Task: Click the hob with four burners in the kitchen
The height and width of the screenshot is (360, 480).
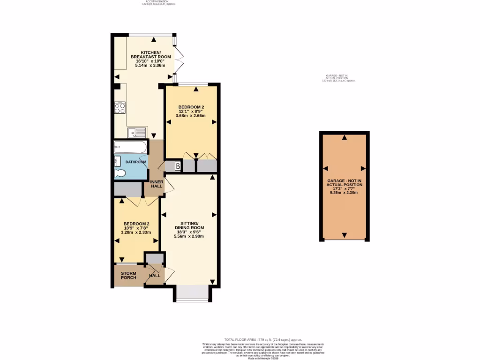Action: [x=120, y=108]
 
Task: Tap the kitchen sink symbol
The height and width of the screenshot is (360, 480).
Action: [x=137, y=132]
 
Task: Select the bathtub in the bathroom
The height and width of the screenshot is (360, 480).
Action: [x=130, y=148]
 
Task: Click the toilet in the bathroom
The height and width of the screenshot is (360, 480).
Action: [x=120, y=173]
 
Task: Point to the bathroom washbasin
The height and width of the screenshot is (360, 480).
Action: [x=117, y=161]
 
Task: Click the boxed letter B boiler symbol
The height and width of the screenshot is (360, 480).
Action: [x=178, y=166]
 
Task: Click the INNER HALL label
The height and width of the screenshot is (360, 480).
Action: [x=156, y=184]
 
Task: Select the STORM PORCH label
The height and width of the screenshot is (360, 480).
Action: [x=128, y=275]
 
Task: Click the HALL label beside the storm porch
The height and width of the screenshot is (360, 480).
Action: [x=155, y=275]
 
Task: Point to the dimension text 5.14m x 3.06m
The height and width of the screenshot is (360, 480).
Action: [x=150, y=66]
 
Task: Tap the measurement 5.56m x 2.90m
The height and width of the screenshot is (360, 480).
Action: [x=190, y=236]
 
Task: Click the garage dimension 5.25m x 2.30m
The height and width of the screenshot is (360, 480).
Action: [x=345, y=193]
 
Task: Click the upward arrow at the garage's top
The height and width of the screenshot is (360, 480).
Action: [x=345, y=137]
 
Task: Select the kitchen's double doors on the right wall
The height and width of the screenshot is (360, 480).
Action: [x=178, y=60]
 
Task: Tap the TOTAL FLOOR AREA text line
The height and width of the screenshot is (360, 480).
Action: [x=263, y=339]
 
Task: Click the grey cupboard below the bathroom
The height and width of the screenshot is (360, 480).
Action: [x=128, y=189]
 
